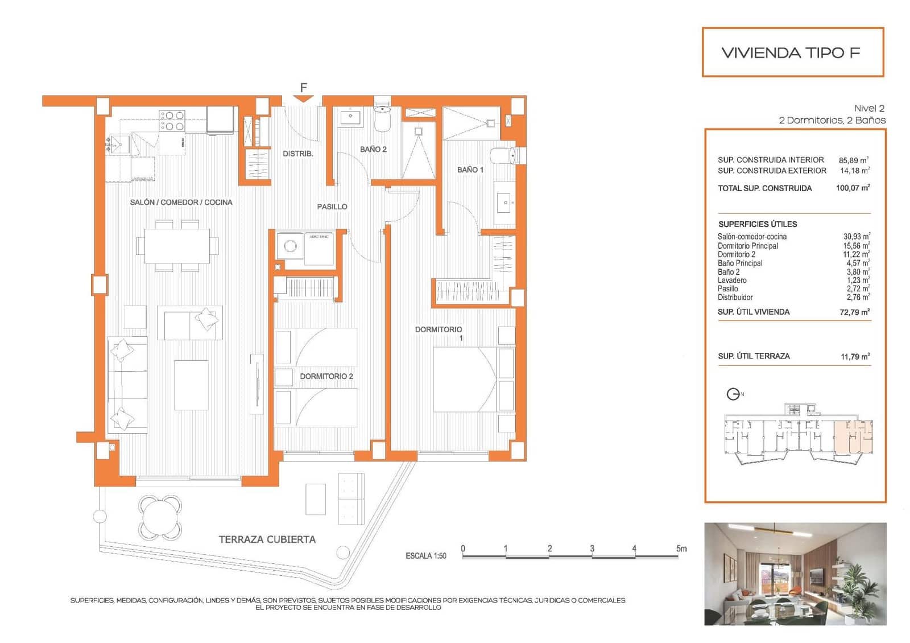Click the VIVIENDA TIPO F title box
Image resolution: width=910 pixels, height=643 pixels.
click(x=792, y=52)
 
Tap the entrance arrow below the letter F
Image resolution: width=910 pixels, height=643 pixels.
click(x=304, y=99)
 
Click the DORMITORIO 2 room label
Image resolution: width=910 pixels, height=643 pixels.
click(x=326, y=376)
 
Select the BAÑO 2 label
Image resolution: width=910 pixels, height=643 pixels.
click(x=373, y=149)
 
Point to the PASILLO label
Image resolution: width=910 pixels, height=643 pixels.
click(x=332, y=207)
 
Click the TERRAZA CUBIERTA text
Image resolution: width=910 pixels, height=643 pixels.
click(x=267, y=539)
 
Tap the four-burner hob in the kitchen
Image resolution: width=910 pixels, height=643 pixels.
click(x=172, y=121)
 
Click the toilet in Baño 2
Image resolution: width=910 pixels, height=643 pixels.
click(x=383, y=117)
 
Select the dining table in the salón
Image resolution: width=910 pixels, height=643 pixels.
click(x=177, y=246)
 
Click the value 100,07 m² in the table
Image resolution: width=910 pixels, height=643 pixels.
click(x=853, y=188)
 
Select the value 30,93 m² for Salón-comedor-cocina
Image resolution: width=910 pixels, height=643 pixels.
click(x=856, y=236)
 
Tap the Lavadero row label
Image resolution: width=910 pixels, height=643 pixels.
click(x=732, y=280)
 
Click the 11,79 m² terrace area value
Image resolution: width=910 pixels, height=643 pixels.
click(x=855, y=356)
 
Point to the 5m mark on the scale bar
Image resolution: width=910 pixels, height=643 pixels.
click(x=681, y=549)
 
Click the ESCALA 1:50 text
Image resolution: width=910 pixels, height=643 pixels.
click(x=426, y=555)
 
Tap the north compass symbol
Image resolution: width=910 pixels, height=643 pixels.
click(x=734, y=394)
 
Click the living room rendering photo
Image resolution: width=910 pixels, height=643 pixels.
click(x=795, y=574)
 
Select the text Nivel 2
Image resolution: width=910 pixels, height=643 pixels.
click(x=869, y=108)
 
